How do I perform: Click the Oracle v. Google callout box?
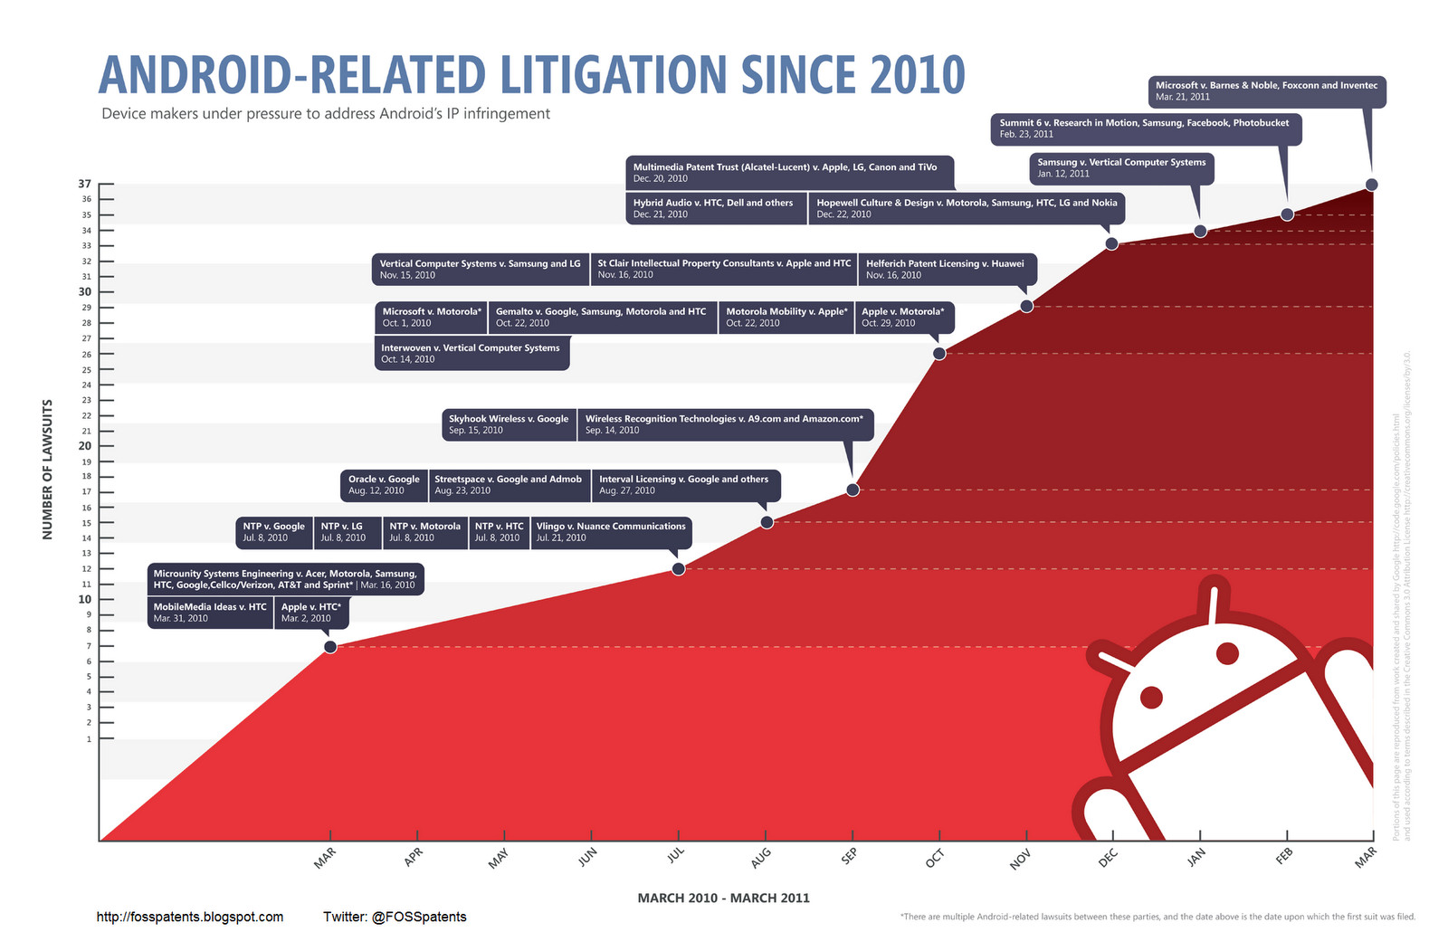(384, 485)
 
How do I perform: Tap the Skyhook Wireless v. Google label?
(509, 424)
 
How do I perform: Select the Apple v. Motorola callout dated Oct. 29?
(903, 317)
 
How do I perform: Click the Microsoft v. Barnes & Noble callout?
(1266, 91)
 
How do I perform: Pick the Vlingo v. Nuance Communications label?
(611, 532)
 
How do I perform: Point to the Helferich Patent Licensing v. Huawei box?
(946, 269)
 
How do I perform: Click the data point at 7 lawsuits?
(330, 647)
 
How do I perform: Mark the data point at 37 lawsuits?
(1371, 185)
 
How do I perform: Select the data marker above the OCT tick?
(939, 354)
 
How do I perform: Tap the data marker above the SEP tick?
(853, 490)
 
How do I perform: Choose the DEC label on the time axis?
(1109, 858)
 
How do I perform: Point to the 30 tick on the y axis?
(85, 291)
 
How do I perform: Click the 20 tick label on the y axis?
(85, 445)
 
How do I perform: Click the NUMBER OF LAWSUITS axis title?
(48, 469)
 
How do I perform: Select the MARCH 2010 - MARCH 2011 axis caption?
(723, 899)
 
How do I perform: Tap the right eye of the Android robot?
(1226, 652)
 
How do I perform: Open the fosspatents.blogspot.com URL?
(190, 917)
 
